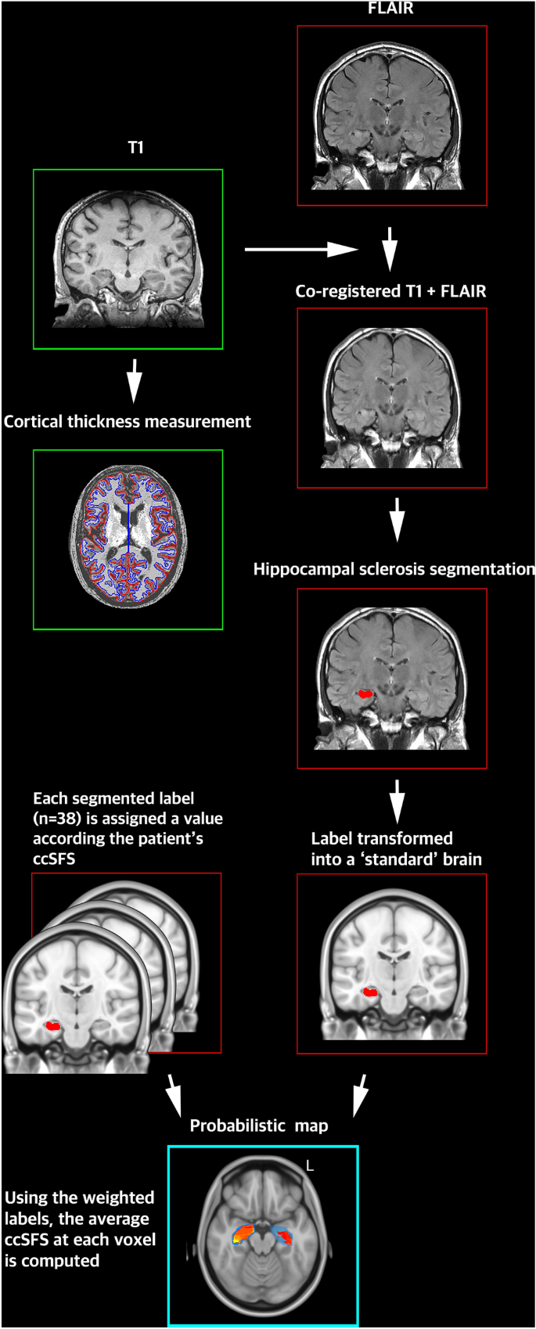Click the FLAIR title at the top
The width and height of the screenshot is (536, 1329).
coord(391,9)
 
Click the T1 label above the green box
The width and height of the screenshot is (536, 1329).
coord(135,147)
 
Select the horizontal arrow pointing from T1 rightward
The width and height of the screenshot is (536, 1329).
coord(300,250)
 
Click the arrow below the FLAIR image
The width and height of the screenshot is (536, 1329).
coord(390,250)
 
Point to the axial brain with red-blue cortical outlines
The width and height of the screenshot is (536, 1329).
coord(128,539)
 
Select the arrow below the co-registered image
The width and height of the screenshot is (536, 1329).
coord(397,519)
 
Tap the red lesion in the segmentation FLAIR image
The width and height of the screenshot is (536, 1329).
coord(365,693)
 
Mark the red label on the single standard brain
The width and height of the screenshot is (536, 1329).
coord(370,992)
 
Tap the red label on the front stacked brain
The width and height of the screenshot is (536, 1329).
coord(53,1025)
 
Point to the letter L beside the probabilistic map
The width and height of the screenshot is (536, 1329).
coord(310,1166)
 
